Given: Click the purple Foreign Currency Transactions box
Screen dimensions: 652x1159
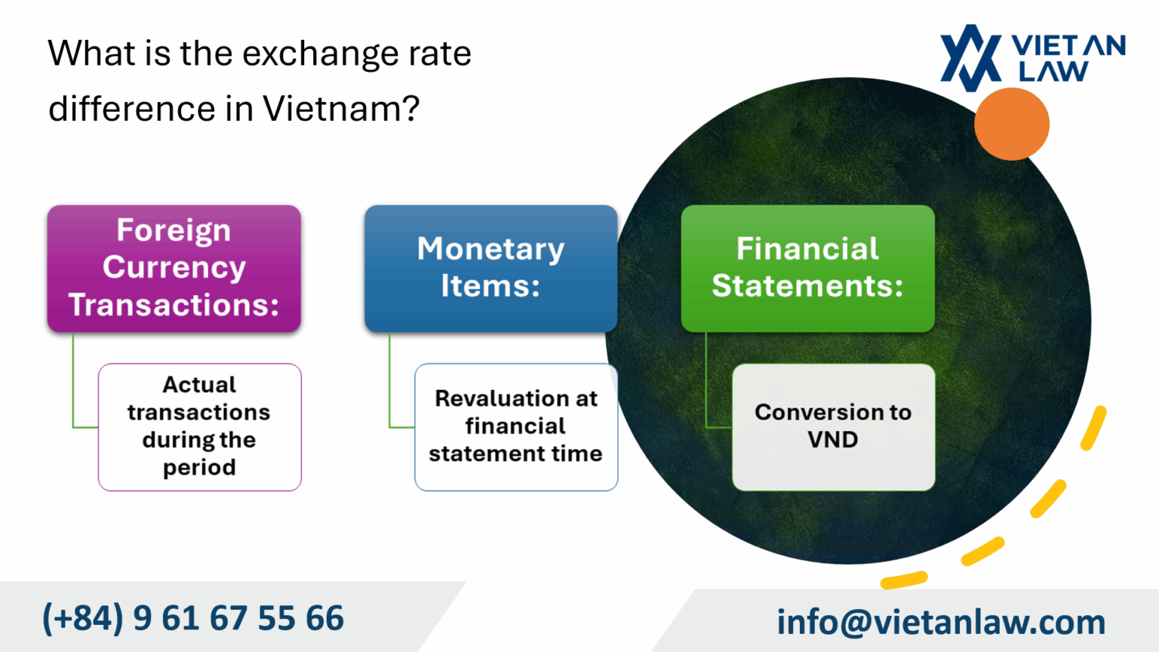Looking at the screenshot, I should pyautogui.click(x=174, y=268).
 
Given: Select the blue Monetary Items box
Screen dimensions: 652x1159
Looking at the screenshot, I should pyautogui.click(x=490, y=268).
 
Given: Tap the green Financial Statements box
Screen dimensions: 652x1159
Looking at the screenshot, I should pyautogui.click(x=807, y=268).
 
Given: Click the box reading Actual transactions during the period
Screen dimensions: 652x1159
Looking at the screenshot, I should pyautogui.click(x=199, y=426).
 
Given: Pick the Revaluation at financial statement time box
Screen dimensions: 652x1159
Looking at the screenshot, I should pyautogui.click(x=516, y=426).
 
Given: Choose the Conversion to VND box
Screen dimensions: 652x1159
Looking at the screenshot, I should pyautogui.click(x=833, y=426).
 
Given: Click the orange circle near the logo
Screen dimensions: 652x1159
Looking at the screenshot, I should pyautogui.click(x=1011, y=124).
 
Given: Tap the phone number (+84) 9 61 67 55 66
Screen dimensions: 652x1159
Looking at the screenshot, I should pyautogui.click(x=193, y=618).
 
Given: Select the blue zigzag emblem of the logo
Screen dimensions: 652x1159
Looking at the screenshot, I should pyautogui.click(x=970, y=57).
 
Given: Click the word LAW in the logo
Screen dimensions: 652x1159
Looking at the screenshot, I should pyautogui.click(x=1053, y=72).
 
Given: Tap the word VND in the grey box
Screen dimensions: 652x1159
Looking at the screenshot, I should pyautogui.click(x=833, y=440).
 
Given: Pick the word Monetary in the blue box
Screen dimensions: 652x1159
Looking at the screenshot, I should pyautogui.click(x=490, y=249).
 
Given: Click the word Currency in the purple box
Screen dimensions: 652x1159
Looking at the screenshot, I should pyautogui.click(x=174, y=267).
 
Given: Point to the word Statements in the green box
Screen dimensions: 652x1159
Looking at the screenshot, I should pyautogui.click(x=807, y=286).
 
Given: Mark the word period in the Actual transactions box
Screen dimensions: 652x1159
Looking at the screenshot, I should pyautogui.click(x=199, y=468).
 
